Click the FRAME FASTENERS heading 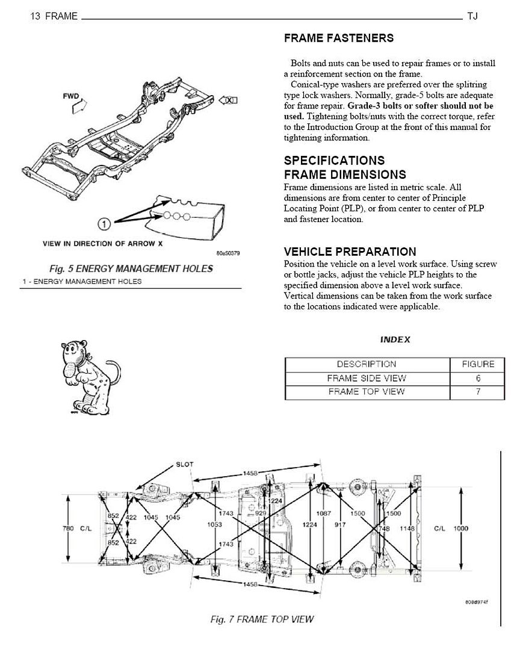tap(338, 38)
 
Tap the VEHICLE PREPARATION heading tap(350, 252)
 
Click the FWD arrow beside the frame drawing tap(77, 107)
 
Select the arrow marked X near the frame tap(229, 101)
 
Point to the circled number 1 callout tap(104, 224)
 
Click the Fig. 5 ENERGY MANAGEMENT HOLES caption tap(131, 268)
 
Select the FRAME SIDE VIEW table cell tap(367, 378)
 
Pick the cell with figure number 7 tap(478, 392)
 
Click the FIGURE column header tap(478, 364)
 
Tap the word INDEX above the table tap(395, 339)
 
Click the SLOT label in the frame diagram tap(185, 464)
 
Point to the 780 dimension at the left tap(68, 528)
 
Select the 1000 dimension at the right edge tap(461, 528)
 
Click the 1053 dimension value tap(214, 524)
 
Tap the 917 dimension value tap(340, 524)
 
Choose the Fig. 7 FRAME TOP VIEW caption tap(262, 619)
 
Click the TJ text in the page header tap(472, 16)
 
